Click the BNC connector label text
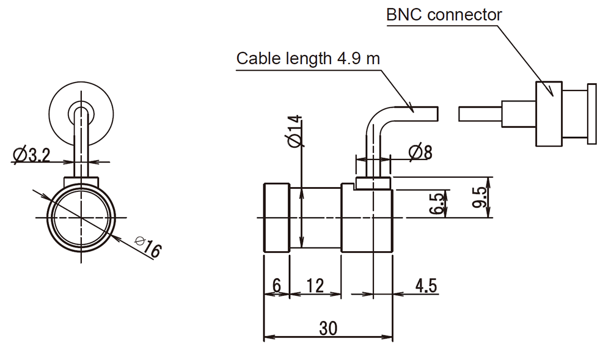coord(444,14)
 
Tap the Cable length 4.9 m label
coord(308,59)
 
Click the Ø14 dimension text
coord(295,130)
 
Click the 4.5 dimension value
coord(425,286)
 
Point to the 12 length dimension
coord(315,286)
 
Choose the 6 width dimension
coord(276,286)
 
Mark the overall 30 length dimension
coord(328,328)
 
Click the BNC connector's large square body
coord(549,114)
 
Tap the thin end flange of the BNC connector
coord(591,114)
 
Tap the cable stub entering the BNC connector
coord(480,114)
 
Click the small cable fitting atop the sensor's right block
coord(371,183)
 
